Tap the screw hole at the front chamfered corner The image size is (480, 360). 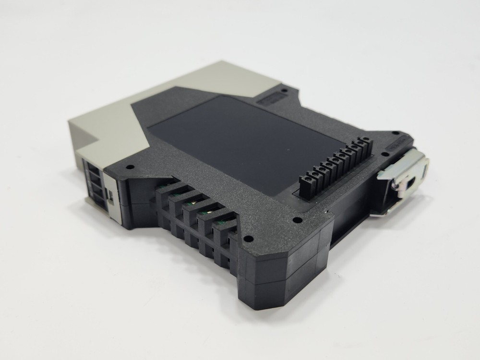point(248,239)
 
